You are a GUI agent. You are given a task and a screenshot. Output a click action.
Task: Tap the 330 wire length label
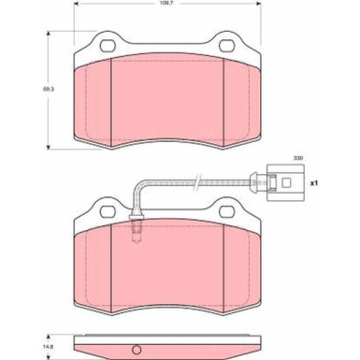click(298, 158)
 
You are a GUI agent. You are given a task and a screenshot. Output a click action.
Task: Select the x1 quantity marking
click(313, 183)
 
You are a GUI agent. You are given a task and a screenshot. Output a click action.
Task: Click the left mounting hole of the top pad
click(108, 47)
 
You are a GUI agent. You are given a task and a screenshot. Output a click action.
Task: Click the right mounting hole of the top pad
click(227, 46)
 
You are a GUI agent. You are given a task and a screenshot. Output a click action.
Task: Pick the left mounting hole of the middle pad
click(108, 212)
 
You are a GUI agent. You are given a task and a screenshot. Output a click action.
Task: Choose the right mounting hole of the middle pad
click(227, 211)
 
